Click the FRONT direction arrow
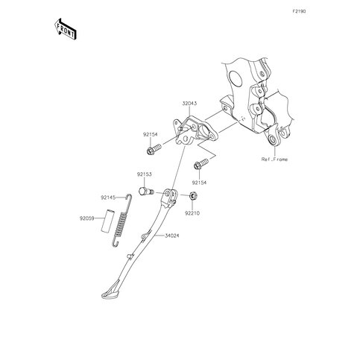(x=65, y=29)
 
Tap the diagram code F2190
(x=299, y=11)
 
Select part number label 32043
(x=189, y=104)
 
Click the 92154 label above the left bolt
(x=150, y=135)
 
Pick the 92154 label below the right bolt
(x=199, y=183)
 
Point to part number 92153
(x=144, y=174)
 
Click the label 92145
(x=108, y=198)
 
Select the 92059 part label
(x=86, y=218)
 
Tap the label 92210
(x=192, y=213)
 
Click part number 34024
(x=172, y=236)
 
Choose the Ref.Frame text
(x=274, y=160)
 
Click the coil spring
(x=121, y=221)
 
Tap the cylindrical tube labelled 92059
(x=107, y=221)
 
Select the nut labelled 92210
(x=193, y=196)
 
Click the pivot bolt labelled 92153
(x=146, y=192)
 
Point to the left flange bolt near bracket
(x=154, y=149)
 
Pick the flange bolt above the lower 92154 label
(x=200, y=164)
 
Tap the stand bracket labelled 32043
(x=195, y=132)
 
